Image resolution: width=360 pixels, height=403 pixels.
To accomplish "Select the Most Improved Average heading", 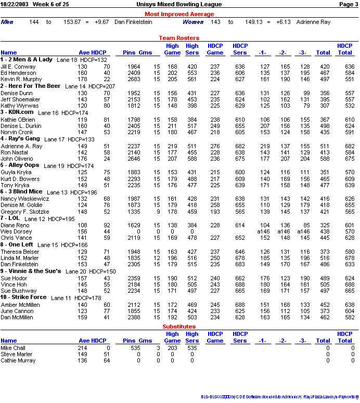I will coord(179,14).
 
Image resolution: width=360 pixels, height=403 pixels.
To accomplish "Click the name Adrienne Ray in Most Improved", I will coord(313,22).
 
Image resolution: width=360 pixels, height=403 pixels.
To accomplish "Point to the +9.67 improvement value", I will coord(101,22).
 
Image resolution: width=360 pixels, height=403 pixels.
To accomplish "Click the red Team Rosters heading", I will coord(179,38).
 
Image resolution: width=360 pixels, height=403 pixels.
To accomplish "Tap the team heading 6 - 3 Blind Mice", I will coord(24,192).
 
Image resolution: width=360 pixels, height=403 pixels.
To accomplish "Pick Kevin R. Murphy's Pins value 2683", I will coord(134,79).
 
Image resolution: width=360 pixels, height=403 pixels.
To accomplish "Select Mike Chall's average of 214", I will coord(82,347).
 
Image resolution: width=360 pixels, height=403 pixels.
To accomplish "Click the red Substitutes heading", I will coord(179,327).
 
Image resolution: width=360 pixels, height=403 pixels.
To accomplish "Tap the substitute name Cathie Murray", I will coord(18,360).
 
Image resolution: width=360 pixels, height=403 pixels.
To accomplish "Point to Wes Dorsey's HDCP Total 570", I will coord(349,231).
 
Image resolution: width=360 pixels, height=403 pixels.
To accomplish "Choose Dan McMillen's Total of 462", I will coord(324,317).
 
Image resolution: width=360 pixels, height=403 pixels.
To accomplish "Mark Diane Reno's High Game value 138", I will coord(172,225).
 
